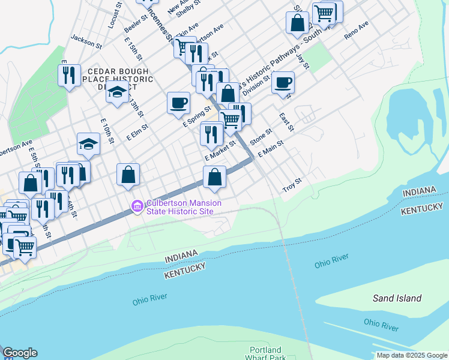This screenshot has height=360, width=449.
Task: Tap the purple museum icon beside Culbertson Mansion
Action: coord(137,207)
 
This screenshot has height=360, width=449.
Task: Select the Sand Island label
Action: coord(397,298)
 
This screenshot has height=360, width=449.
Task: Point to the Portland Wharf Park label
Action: coord(265,354)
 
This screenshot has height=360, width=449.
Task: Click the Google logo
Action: coord(19,353)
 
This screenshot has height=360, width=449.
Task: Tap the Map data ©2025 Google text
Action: coord(412,355)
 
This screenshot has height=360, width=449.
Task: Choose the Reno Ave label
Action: coord(356,31)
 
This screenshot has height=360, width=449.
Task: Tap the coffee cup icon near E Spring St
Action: coord(178,103)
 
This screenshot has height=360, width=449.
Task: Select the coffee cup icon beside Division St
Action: coord(283,83)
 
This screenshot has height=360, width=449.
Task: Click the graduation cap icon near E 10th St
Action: coord(88,143)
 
